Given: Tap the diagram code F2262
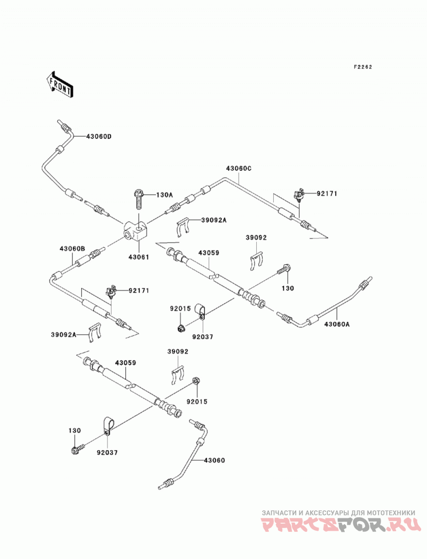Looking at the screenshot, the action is click(362, 67).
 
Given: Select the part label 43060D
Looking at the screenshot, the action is click(99, 136).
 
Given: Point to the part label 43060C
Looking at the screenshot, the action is click(239, 168).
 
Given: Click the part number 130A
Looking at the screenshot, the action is click(164, 195).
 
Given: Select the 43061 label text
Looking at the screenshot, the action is click(139, 257).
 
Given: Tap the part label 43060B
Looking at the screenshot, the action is click(73, 248).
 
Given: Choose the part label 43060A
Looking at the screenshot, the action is click(337, 324).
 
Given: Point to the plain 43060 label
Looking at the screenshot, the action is click(214, 460).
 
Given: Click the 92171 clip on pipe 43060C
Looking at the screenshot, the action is click(299, 194).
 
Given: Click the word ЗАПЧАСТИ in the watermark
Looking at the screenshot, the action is click(280, 513).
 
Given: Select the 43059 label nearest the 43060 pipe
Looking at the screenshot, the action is click(125, 363).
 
